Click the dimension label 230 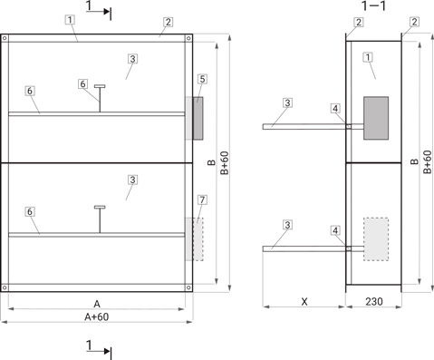coord(374,301)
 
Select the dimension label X coord(304,301)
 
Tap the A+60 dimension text coord(97,316)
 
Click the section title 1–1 coord(373,5)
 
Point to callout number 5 coord(202,79)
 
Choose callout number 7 coord(202,199)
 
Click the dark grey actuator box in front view coord(198,118)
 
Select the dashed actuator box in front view coord(198,239)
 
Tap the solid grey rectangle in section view coord(376,118)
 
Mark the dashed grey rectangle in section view coord(376,239)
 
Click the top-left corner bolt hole coord(5,38)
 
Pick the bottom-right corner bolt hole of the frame coord(188,287)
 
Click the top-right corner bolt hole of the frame coord(188,38)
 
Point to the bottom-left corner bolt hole coord(5,287)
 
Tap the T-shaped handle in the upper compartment coord(100,99)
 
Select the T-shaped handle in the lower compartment coord(100,219)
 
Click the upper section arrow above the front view coord(98,12)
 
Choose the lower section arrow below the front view coord(98,351)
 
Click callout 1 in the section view coord(368,57)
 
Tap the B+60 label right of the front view coord(225,163)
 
